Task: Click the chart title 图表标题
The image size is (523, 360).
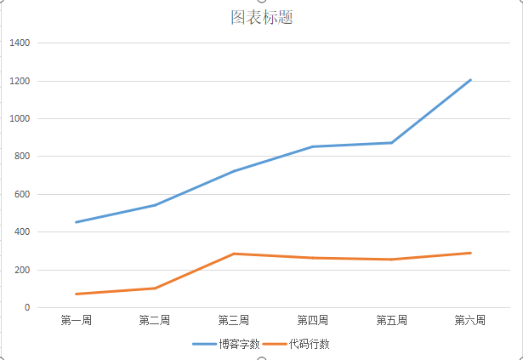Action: point(261,17)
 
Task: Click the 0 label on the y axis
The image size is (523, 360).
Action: point(26,307)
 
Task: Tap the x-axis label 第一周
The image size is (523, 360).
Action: point(76,321)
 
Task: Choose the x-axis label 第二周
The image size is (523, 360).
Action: point(155,321)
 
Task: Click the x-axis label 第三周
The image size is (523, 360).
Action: point(234,321)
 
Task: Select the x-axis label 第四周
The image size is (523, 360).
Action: point(312,321)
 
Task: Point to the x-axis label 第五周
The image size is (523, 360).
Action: point(391,321)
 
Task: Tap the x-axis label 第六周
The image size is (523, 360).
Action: point(470,321)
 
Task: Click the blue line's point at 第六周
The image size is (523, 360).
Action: point(470,80)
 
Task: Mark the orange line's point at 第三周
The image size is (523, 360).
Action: point(234,254)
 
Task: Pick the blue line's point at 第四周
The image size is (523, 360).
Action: point(312,146)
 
